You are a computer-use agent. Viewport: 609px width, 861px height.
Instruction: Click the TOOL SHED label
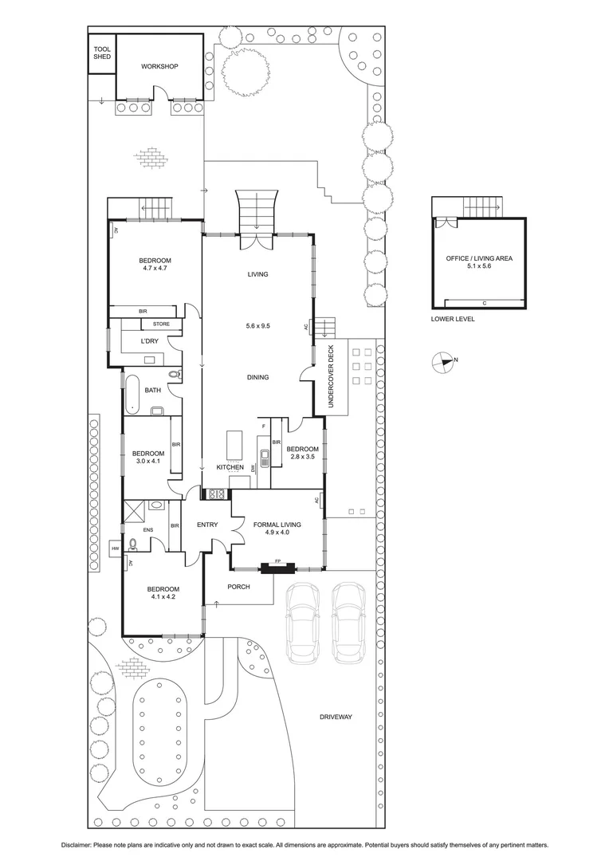point(102,53)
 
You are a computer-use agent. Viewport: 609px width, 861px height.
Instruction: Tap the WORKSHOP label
point(159,67)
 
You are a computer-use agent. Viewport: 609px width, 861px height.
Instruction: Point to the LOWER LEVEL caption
point(452,319)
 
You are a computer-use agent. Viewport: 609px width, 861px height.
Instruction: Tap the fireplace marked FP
point(278,568)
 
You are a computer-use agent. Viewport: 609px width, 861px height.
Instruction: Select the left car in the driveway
point(303,623)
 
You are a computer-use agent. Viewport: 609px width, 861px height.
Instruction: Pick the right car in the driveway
point(348,623)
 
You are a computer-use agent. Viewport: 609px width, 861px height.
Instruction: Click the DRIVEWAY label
point(336,717)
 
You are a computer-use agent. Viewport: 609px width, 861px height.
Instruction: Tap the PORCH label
point(238,587)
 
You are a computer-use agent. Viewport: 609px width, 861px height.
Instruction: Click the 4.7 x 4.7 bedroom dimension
point(155,269)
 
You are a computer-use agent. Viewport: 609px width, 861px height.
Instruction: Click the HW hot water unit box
point(115,548)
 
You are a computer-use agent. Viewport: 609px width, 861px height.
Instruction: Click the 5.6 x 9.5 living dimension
point(257,326)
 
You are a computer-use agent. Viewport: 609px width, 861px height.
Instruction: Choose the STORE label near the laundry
point(162,324)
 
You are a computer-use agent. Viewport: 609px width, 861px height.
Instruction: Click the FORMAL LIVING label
point(277,525)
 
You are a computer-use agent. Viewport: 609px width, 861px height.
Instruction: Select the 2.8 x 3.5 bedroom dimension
point(301,457)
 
